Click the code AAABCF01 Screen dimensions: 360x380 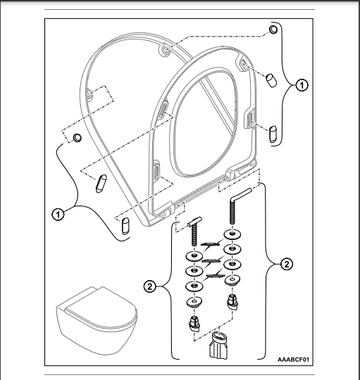click(293, 359)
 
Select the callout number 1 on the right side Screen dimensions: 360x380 click(302, 85)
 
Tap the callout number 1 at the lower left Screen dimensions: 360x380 click(58, 214)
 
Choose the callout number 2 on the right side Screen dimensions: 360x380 click(287, 264)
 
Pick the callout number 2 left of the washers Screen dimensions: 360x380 click(149, 286)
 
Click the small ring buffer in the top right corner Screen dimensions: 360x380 click(273, 29)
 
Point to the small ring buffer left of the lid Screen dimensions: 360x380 click(77, 137)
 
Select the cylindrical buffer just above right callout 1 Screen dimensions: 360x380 click(271, 80)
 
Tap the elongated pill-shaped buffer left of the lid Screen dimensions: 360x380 click(101, 184)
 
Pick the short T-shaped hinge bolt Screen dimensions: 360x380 click(194, 232)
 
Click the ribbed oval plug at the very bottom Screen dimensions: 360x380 click(218, 346)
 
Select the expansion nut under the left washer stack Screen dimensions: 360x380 click(194, 324)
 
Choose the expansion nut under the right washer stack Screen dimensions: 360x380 click(233, 302)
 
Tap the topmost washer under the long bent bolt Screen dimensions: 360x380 click(232, 234)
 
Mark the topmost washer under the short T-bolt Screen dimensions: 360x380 click(194, 255)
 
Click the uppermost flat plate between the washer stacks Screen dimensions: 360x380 click(210, 244)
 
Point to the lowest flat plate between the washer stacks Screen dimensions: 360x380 click(216, 275)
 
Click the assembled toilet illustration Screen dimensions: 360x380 click(97, 321)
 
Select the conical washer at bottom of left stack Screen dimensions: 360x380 click(194, 302)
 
